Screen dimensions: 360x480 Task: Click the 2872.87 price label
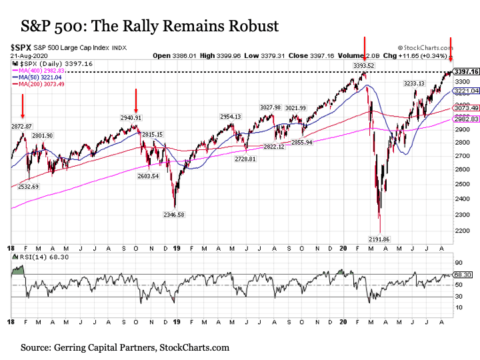click(21, 126)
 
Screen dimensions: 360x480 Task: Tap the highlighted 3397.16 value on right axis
click(466, 71)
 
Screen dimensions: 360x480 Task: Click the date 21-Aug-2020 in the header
click(25, 55)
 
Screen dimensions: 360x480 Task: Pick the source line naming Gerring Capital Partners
click(125, 347)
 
